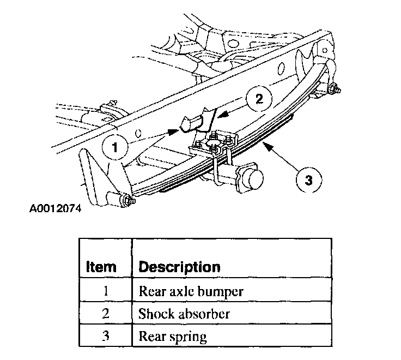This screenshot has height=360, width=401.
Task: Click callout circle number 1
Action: tap(115, 146)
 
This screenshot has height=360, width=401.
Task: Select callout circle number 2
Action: tap(259, 99)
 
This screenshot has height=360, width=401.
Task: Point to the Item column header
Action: tap(101, 267)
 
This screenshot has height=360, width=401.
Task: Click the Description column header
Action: tap(180, 267)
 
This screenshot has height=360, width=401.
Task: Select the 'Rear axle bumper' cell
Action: tap(191, 291)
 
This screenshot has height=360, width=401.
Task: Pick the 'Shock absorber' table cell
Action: tap(184, 314)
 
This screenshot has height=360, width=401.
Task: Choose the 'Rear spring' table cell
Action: tap(173, 337)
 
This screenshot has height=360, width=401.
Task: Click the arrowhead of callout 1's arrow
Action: tap(175, 131)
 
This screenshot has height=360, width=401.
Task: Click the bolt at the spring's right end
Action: tap(333, 89)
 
